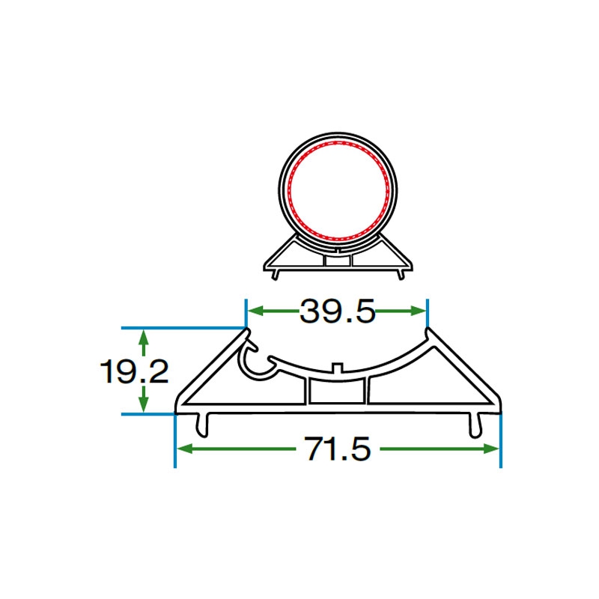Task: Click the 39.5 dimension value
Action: pos(338,311)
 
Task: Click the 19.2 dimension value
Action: pos(134,372)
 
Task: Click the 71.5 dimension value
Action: pos(338,449)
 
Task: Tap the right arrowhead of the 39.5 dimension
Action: pos(418,311)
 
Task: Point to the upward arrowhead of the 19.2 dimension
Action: pos(143,336)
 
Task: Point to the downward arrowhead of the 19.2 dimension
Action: pos(143,404)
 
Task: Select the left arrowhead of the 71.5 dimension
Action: pos(184,449)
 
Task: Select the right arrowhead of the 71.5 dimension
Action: pos(491,449)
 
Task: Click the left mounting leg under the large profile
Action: pos(203,425)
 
